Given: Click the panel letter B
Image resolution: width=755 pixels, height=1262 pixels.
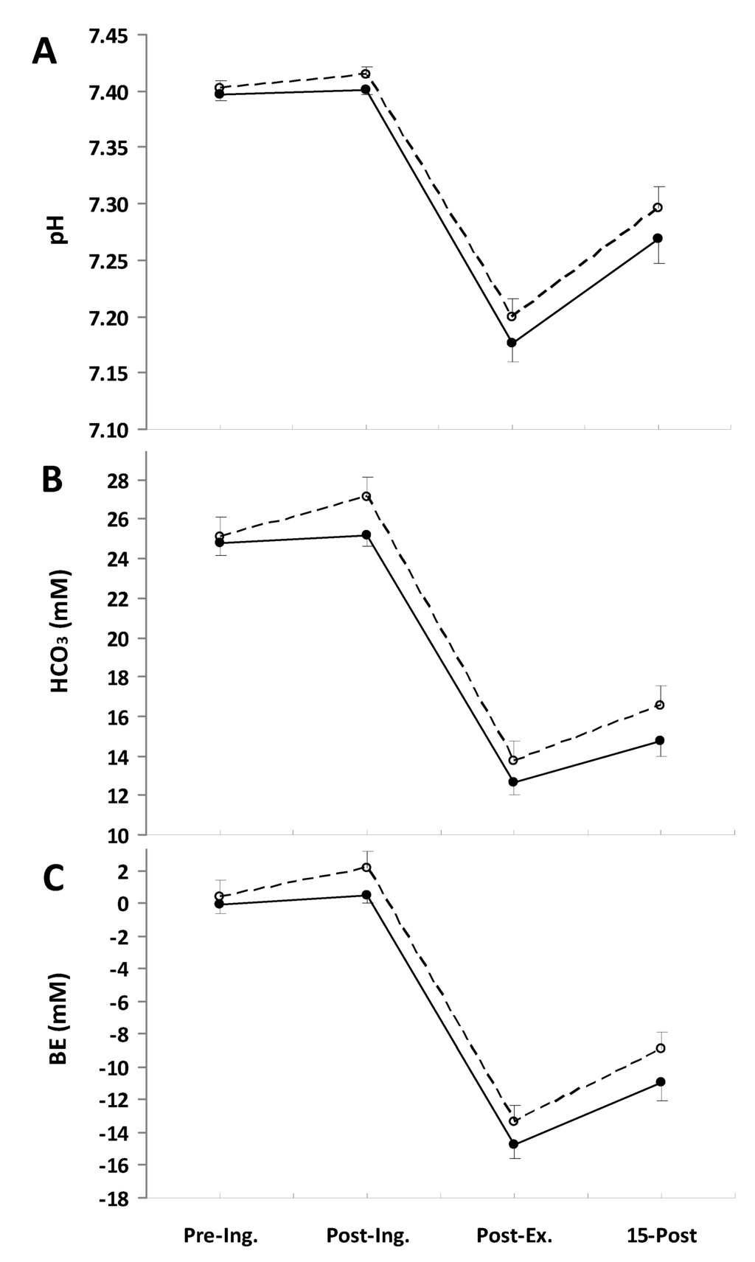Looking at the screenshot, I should click(52, 480).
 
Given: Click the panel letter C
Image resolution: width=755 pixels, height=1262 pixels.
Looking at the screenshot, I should click(52, 877).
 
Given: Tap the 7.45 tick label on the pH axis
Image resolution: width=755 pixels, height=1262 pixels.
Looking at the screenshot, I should click(108, 35).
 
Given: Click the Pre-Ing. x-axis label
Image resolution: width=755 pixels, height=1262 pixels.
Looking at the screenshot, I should click(220, 1236).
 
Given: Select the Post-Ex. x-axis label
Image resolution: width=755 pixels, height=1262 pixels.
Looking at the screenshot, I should click(514, 1236).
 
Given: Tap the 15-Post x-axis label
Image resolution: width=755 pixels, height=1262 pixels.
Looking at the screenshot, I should click(660, 1236).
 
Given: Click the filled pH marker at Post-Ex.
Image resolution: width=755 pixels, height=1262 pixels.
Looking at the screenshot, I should click(512, 343).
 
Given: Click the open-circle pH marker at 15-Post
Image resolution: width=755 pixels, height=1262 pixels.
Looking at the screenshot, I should click(658, 207).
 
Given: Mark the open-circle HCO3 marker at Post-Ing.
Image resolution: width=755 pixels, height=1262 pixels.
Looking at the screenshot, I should click(366, 496).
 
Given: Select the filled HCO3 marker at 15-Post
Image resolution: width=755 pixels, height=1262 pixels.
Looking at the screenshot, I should click(659, 740).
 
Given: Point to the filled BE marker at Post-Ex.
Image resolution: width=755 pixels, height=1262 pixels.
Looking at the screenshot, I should click(513, 1144).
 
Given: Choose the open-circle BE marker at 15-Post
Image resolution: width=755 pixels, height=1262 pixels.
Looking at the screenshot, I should click(660, 1048).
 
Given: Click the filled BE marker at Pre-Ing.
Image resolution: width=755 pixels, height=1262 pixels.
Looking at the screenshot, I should click(219, 904).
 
